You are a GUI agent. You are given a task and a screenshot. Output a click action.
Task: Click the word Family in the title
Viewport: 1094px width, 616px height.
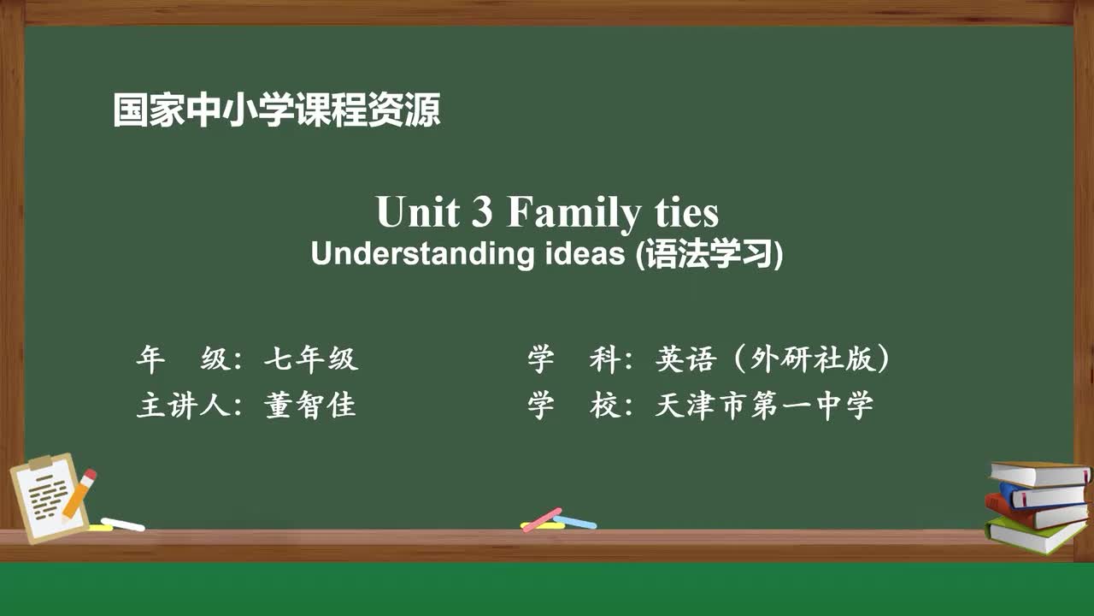point(572,214)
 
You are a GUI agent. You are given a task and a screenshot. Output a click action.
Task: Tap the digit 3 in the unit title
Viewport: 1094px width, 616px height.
point(482,212)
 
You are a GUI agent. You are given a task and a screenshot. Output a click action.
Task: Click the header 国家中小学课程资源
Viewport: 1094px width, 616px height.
point(276,111)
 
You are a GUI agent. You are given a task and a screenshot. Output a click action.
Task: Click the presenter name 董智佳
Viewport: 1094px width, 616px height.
point(310,406)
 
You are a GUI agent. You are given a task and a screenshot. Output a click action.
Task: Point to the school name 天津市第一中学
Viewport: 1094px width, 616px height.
point(764,406)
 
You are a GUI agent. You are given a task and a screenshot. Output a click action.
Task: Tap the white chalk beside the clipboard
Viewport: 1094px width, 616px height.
point(123,524)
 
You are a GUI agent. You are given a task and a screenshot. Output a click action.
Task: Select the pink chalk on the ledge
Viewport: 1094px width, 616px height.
point(542,518)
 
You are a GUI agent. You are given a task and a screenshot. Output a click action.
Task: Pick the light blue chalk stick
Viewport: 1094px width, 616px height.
point(576,522)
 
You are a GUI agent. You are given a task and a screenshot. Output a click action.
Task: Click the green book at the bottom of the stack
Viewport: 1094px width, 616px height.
point(1034,536)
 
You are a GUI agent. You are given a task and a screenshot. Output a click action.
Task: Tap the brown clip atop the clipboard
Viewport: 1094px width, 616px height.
point(40,463)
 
